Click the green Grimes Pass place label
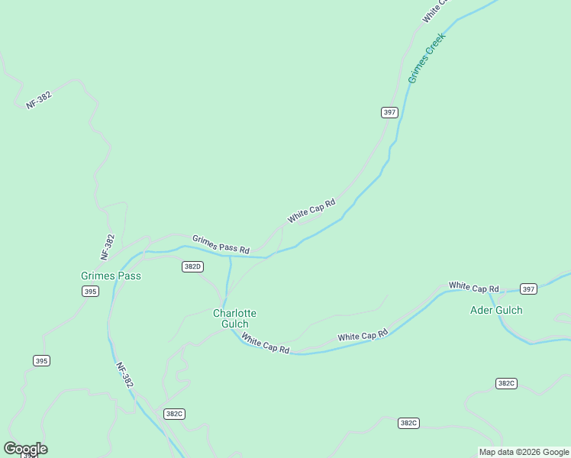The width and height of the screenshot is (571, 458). pyautogui.click(x=111, y=276)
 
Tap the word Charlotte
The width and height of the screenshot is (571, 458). pyautogui.click(x=234, y=313)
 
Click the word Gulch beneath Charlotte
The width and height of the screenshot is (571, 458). pyautogui.click(x=234, y=324)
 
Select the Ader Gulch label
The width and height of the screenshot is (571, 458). pyautogui.click(x=496, y=310)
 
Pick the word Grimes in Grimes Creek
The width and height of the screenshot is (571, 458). pyautogui.click(x=417, y=70)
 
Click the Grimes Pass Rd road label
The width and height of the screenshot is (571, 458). pyautogui.click(x=221, y=244)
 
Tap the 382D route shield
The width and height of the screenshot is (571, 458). pyautogui.click(x=192, y=266)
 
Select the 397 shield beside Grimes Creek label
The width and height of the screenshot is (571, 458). pyautogui.click(x=389, y=112)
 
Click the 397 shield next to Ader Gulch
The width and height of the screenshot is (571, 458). pyautogui.click(x=528, y=289)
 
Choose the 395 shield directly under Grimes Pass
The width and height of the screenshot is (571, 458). pyautogui.click(x=90, y=292)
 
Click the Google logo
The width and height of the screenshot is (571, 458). pyautogui.click(x=25, y=448)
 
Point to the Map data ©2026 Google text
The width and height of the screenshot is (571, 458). pyautogui.click(x=524, y=452)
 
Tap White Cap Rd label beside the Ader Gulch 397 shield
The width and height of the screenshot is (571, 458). pyautogui.click(x=473, y=287)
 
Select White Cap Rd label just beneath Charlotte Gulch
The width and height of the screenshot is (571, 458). pyautogui.click(x=266, y=343)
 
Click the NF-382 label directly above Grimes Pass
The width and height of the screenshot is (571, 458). pyautogui.click(x=108, y=248)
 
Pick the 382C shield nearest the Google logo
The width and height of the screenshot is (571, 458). pyautogui.click(x=174, y=414)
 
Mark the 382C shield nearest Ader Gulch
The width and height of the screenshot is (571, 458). pyautogui.click(x=505, y=383)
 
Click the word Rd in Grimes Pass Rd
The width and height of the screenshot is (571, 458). pyautogui.click(x=244, y=250)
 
